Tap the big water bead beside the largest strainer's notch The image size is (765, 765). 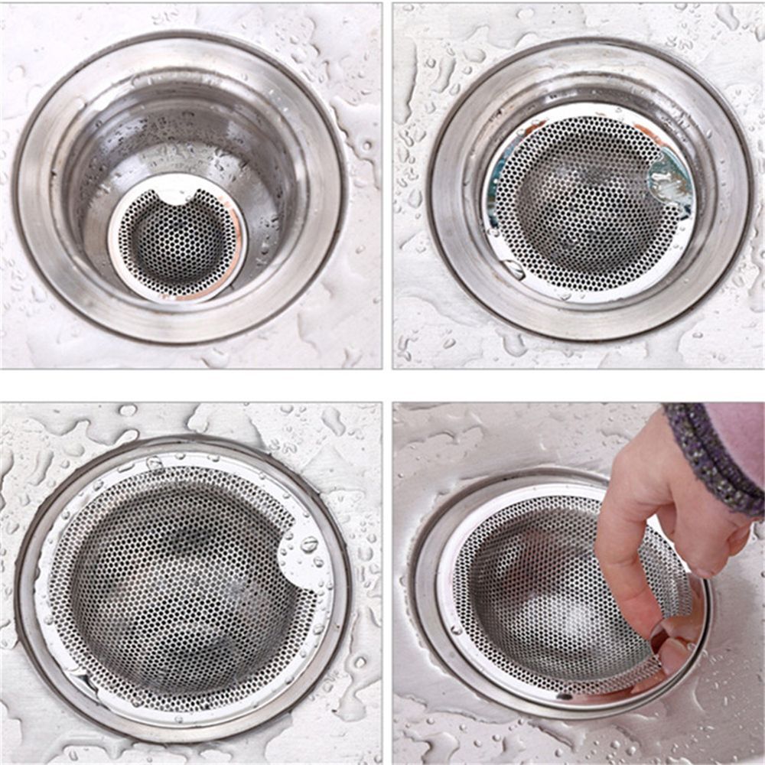[x=309, y=545]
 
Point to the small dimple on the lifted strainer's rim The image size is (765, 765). [x=456, y=630]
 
